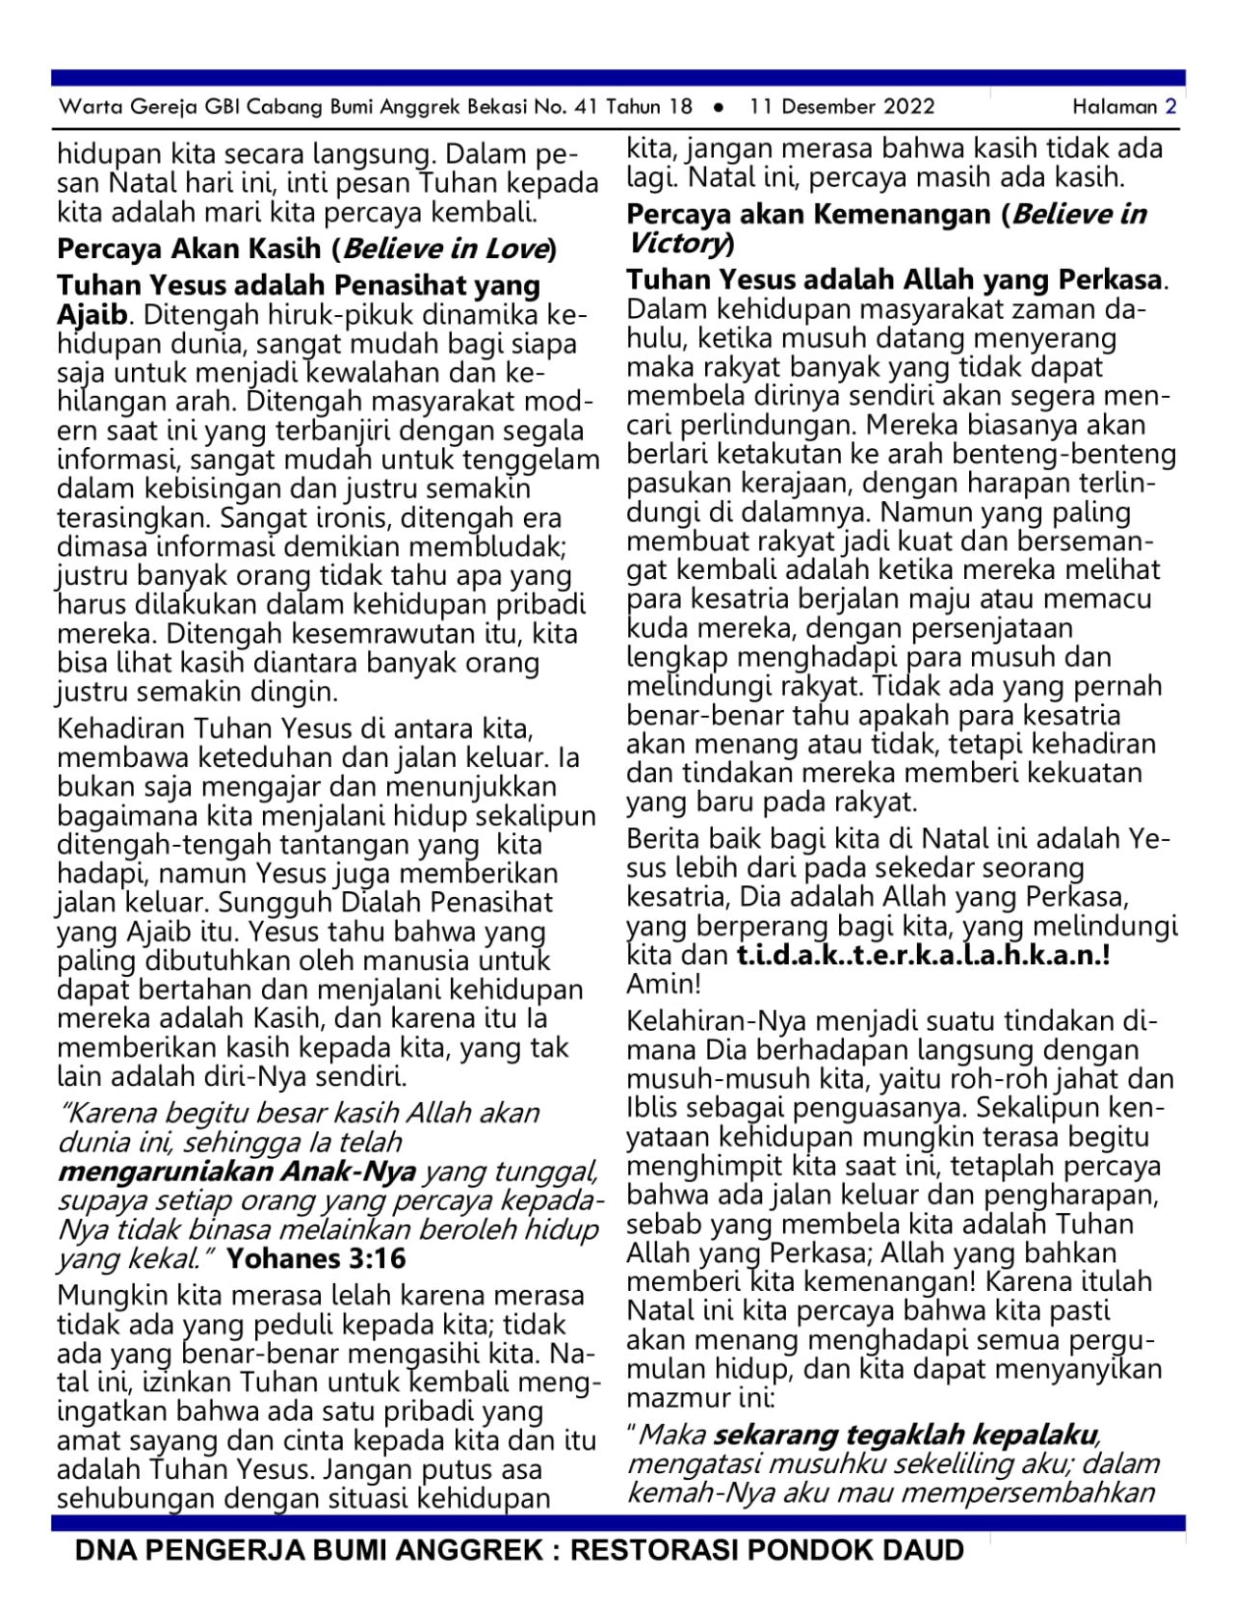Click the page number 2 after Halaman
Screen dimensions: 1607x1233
tap(1170, 106)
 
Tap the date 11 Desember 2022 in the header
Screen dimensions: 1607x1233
tap(842, 106)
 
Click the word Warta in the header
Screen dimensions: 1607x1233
tap(85, 106)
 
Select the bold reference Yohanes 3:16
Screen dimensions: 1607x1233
tap(316, 1258)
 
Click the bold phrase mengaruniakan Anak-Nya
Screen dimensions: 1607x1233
tap(237, 1172)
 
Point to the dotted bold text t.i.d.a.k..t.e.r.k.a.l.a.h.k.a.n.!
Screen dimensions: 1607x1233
tap(924, 956)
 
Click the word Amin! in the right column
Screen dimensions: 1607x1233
tap(664, 985)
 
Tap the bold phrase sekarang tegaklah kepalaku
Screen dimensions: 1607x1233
tap(905, 1435)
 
